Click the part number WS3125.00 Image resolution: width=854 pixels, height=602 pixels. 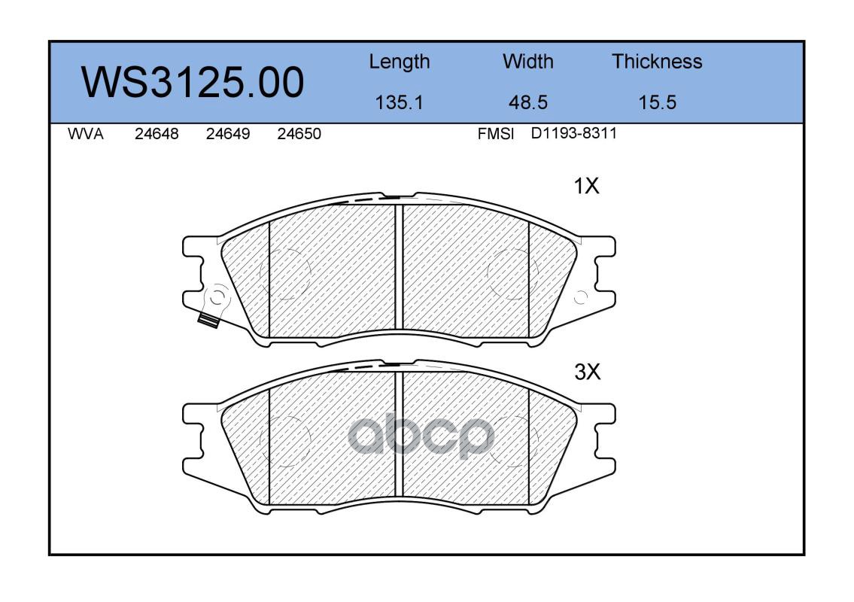(193, 83)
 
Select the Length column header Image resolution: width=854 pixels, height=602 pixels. (400, 62)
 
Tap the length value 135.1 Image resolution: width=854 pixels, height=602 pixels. (400, 102)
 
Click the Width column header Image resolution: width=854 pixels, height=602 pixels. (527, 62)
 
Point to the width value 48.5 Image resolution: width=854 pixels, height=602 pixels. (527, 102)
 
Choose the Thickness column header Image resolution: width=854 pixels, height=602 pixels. (657, 62)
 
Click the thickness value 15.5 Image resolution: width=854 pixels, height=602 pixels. (658, 102)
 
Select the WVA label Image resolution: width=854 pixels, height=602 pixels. (86, 134)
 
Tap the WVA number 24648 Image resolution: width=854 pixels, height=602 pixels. (157, 134)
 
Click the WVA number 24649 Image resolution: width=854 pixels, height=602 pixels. (228, 134)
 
